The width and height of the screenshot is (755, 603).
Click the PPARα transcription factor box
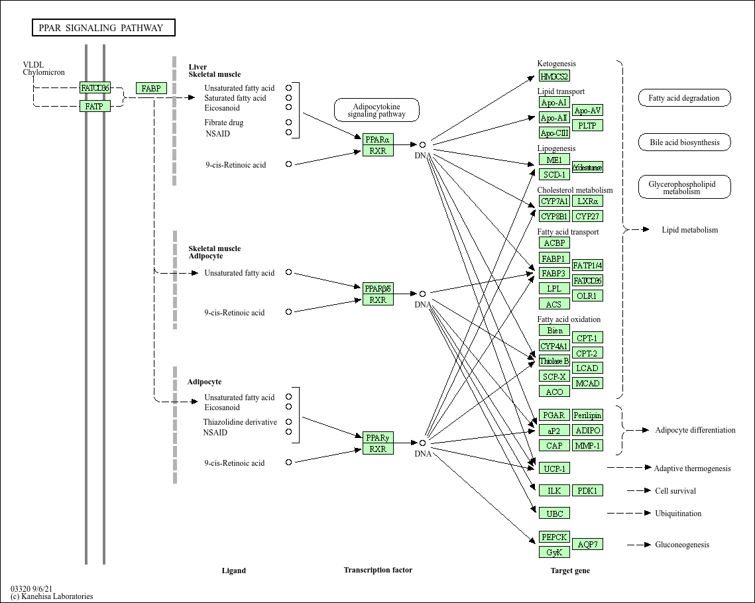click(x=378, y=139)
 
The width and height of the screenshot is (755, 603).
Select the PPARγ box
click(x=378, y=437)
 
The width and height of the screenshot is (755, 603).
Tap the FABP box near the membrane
click(x=151, y=88)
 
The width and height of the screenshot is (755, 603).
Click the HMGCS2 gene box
click(x=554, y=76)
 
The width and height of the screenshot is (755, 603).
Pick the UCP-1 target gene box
click(x=554, y=468)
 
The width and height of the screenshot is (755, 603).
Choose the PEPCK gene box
click(x=554, y=537)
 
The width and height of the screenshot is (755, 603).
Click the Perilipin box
click(x=587, y=415)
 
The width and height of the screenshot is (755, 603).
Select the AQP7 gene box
click(x=587, y=544)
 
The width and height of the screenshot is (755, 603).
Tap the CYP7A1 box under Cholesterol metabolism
click(x=554, y=201)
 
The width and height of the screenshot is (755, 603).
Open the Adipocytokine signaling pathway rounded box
click(x=377, y=110)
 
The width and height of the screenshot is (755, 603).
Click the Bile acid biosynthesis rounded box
click(x=684, y=142)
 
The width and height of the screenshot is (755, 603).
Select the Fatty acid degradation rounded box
click(x=684, y=98)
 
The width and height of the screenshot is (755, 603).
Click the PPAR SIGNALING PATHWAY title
click(x=103, y=28)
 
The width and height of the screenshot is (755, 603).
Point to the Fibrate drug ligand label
click(x=223, y=123)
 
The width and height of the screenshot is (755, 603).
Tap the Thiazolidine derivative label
click(x=240, y=422)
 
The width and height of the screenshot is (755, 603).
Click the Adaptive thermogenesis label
click(x=692, y=468)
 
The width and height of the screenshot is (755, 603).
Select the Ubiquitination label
click(x=678, y=514)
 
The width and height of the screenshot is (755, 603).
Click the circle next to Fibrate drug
click(x=288, y=122)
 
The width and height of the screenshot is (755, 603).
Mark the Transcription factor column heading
click(x=378, y=570)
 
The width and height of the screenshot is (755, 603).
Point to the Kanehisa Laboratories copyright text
click(x=52, y=596)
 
